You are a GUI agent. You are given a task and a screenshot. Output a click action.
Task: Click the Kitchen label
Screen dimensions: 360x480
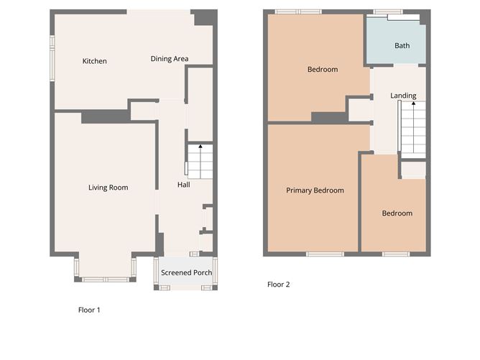pos(94,61)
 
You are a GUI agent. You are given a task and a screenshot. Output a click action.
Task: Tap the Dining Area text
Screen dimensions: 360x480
pos(170,59)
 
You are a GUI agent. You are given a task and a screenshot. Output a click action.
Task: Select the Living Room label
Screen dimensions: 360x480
pos(108,188)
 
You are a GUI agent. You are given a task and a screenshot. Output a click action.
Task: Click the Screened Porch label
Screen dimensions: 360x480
pos(186,272)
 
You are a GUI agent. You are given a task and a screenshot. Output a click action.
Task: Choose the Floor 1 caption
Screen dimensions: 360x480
pos(89,310)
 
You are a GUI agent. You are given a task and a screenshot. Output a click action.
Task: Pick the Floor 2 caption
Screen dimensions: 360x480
pos(278,285)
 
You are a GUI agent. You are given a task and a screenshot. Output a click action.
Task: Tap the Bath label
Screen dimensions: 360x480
pos(402,46)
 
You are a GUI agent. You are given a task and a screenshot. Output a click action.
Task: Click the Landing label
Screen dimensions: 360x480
pos(403,96)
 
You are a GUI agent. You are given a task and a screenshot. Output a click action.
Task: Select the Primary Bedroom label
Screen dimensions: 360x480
pos(315,190)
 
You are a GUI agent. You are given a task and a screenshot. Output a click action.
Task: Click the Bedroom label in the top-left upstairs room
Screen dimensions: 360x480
pos(323,70)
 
